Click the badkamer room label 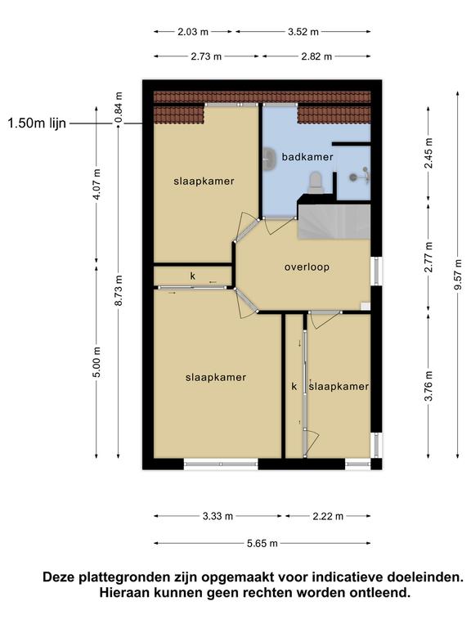307,157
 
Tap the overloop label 307,267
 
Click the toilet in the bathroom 316,182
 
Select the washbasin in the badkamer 270,157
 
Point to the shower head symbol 360,176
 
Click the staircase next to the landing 334,222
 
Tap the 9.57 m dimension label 458,275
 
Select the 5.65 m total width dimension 262,544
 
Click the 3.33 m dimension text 218,516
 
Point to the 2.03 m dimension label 193,32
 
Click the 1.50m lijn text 37,123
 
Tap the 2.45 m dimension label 428,154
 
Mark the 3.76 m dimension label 428,386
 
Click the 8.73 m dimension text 118,291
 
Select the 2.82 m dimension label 316,56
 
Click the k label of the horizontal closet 193,276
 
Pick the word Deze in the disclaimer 59,577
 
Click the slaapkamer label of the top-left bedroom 204,181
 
